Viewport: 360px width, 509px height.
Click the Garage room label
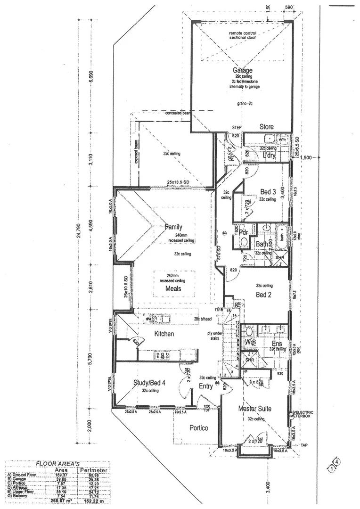[x=241, y=71]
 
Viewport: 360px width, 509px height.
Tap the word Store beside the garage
[x=267, y=127]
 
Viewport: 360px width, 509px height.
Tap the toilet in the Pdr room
[x=243, y=242]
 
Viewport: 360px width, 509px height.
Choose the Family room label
[x=173, y=227]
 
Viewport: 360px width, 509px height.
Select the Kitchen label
[x=164, y=334]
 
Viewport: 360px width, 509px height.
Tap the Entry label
[x=206, y=386]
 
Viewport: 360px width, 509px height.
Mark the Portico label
[x=199, y=428]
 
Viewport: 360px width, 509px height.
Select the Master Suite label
[x=254, y=408]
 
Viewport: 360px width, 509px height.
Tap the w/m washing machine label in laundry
[x=283, y=140]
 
